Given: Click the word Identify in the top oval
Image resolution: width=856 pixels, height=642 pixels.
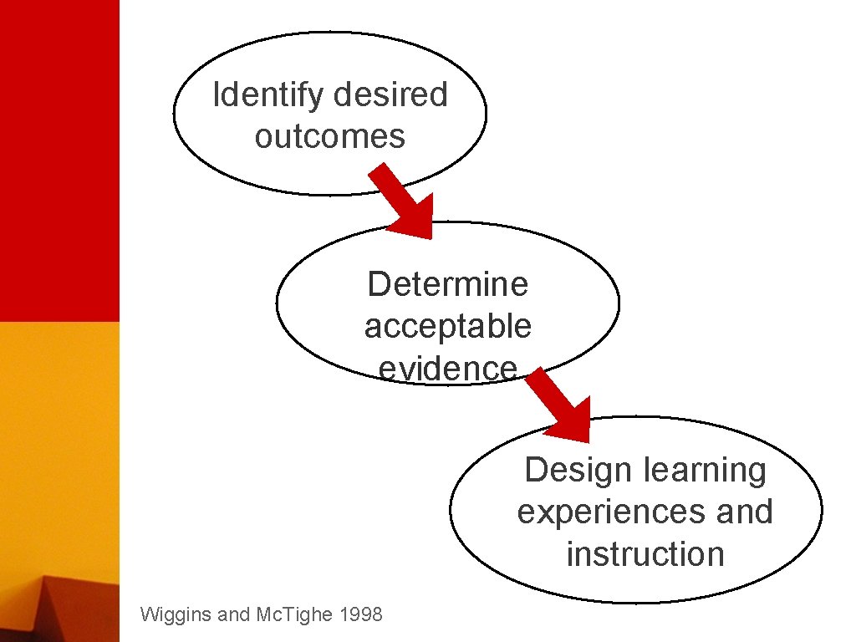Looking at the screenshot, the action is point(267,95).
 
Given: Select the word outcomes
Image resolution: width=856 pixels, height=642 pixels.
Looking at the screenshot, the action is point(329,136).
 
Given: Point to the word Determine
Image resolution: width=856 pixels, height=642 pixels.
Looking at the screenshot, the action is point(447,284).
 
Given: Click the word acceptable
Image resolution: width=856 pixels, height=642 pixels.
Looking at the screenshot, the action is point(447,326).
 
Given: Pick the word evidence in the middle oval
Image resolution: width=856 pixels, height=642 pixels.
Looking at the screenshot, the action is point(447,367).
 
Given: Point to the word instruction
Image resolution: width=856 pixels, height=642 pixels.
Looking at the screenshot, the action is point(645,553).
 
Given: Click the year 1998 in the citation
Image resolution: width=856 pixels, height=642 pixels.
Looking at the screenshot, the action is point(362,615).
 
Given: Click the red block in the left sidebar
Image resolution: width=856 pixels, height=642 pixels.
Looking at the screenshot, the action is point(59,159).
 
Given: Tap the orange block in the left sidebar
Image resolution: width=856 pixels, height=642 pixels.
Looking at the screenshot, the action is point(59,443).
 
